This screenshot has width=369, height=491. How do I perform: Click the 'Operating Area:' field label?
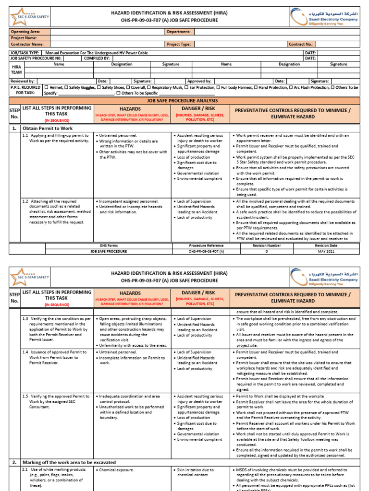coord(25,32)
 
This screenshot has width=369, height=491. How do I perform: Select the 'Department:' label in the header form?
coord(179,32)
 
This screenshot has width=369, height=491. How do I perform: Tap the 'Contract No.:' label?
coord(301,44)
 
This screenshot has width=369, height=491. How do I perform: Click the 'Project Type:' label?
coord(179,44)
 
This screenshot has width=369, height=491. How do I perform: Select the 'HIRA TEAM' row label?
coord(16,70)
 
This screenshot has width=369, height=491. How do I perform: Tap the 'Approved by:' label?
coord(200,81)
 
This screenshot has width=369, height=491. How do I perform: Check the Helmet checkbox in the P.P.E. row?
coord(46,87)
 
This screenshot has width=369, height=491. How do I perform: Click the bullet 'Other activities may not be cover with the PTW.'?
coord(132,154)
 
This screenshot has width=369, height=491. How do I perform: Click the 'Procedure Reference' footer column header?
coord(206,245)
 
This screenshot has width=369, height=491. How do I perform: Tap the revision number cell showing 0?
coord(267,251)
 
